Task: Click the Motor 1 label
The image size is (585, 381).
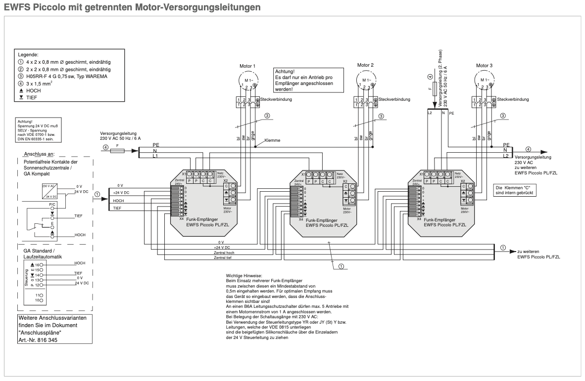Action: point(247,65)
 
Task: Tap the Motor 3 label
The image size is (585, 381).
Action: point(484,65)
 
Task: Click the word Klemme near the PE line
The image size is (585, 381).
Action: point(272,140)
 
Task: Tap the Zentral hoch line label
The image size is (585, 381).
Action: point(223,253)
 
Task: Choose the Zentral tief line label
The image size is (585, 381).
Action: point(223,258)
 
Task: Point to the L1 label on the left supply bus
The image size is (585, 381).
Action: point(155,156)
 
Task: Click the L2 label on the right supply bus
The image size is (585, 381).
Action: point(505,156)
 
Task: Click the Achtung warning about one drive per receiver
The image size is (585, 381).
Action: point(302,80)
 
